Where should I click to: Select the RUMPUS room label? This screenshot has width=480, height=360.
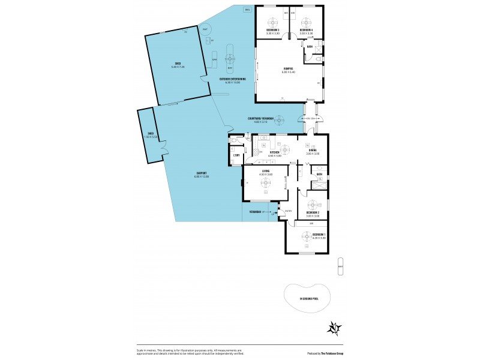(288, 70)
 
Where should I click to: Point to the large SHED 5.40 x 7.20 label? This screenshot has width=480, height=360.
(178, 64)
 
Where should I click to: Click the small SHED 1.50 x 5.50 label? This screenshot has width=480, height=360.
(151, 135)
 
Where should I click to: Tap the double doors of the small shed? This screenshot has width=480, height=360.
(164, 146)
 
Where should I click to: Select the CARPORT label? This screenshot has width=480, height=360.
(200, 175)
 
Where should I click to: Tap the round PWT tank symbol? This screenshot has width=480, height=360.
(205, 29)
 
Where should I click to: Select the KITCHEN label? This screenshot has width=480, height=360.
(275, 154)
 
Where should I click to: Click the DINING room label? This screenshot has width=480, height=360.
(305, 152)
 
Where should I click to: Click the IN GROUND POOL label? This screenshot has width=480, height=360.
(309, 298)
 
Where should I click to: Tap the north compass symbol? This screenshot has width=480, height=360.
(334, 328)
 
